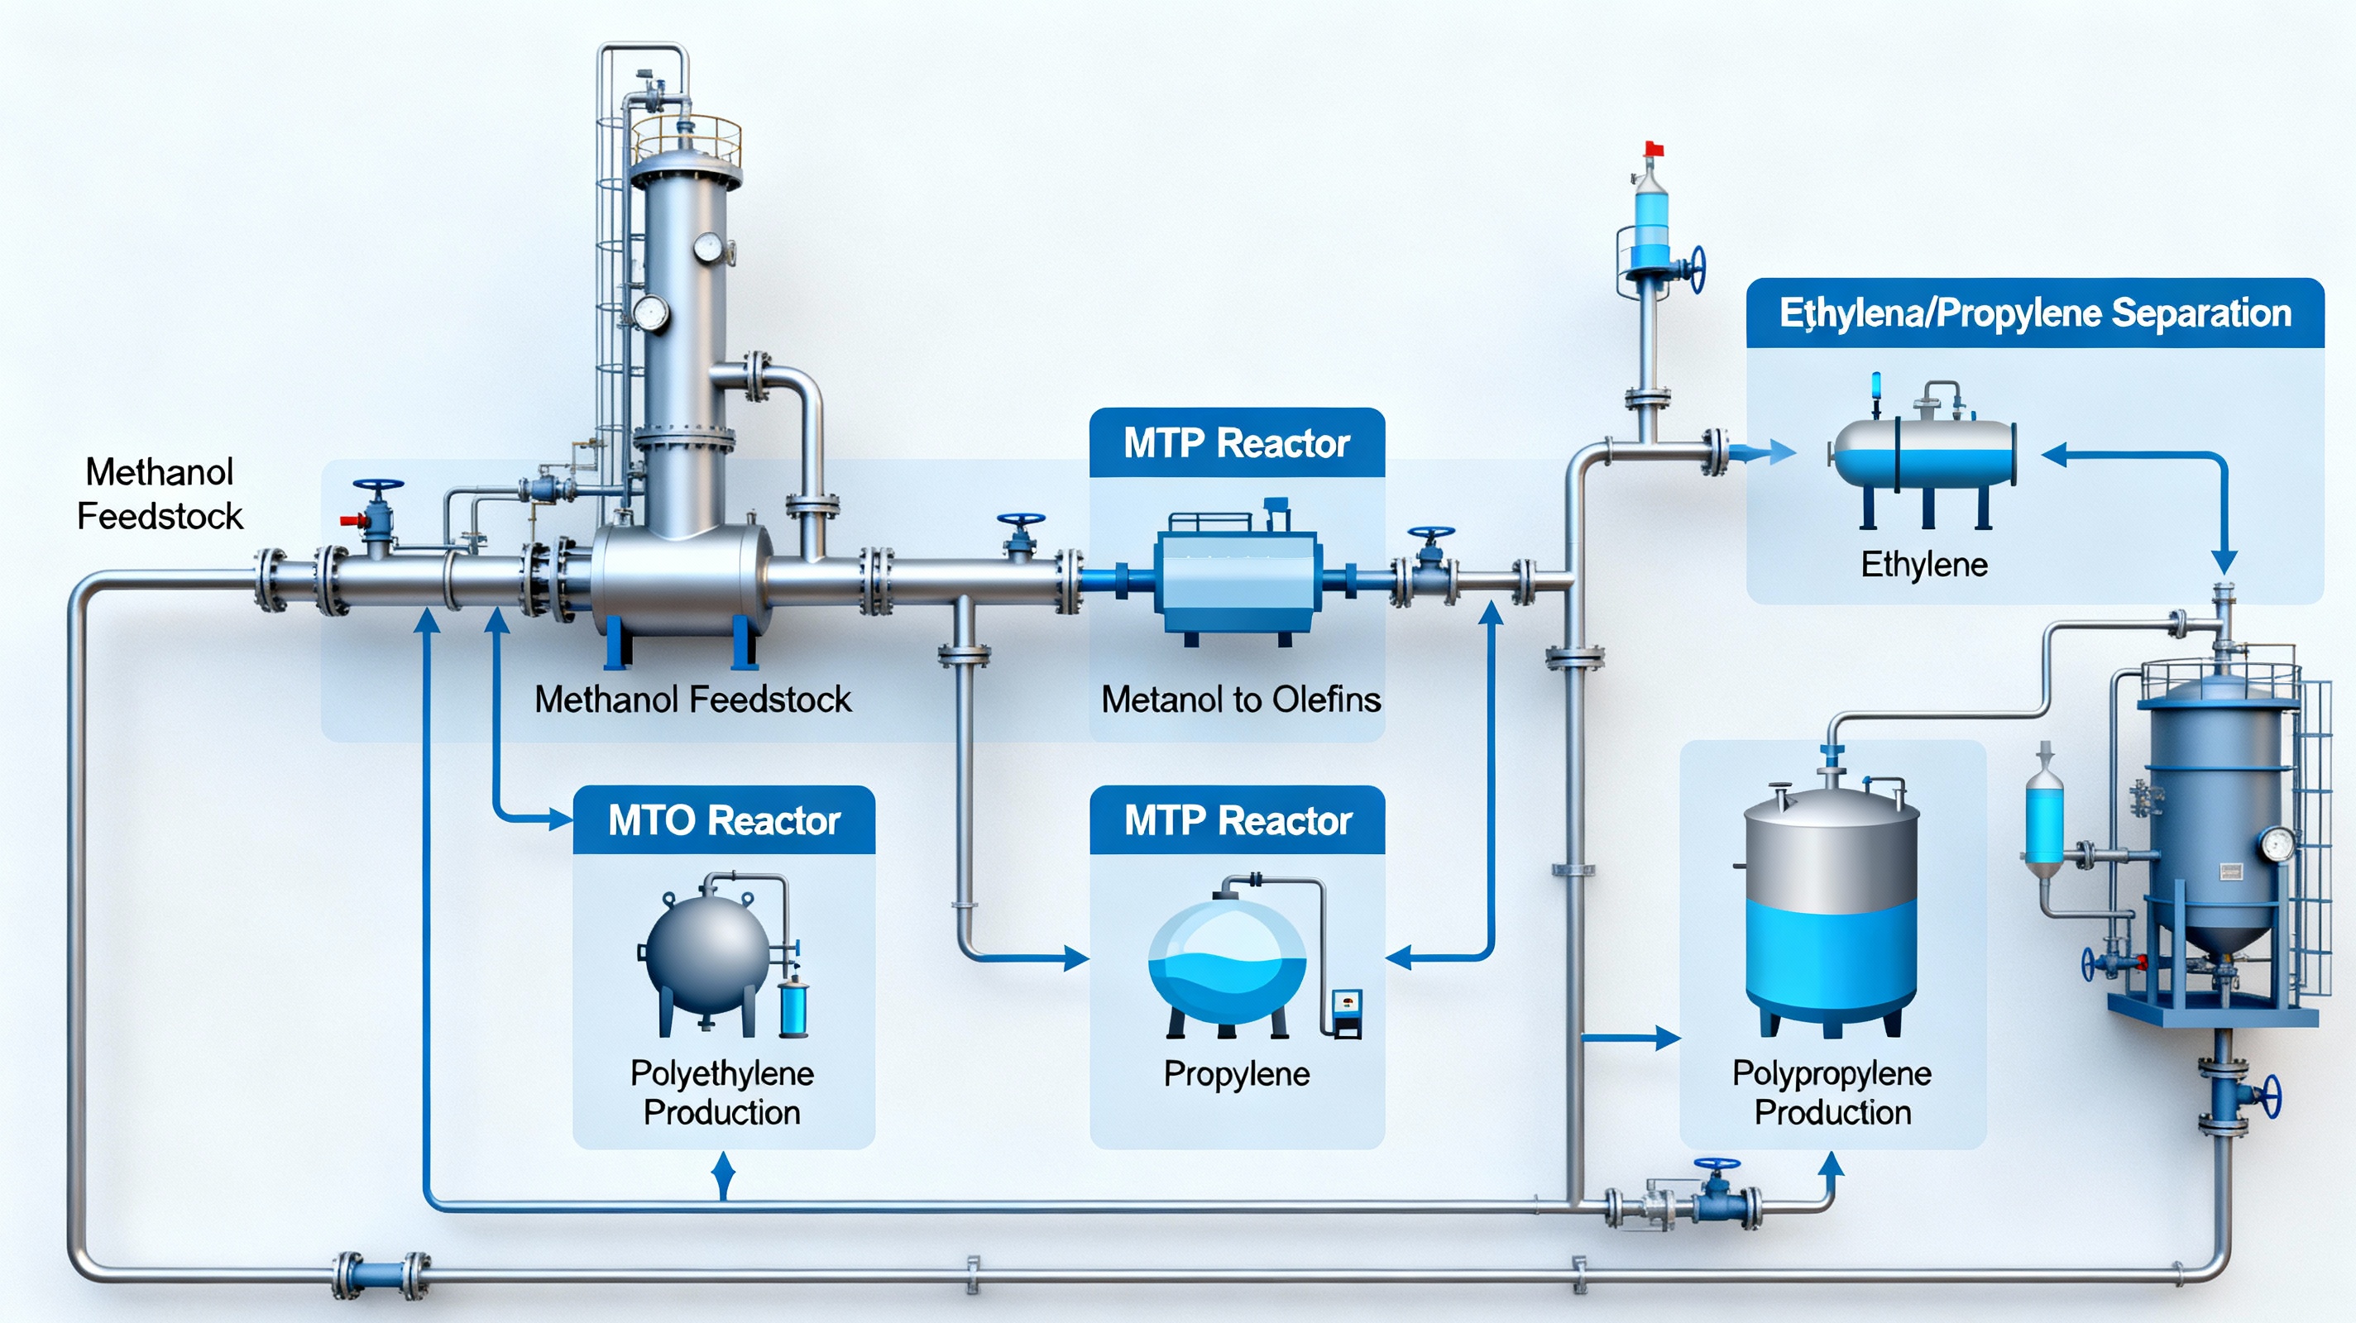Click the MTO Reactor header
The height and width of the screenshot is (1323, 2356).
coord(724,820)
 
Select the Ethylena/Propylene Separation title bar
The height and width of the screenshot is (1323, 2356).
coord(2034,313)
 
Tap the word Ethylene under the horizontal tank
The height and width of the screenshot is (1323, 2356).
coord(1923,564)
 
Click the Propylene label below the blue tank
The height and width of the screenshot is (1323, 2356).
coord(1236,1073)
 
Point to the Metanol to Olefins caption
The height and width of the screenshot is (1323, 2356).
coord(1240,700)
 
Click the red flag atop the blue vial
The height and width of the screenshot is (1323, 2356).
coord(1654,149)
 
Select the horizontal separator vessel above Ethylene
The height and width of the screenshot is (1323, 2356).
coord(1923,455)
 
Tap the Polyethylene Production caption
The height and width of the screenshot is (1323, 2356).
coord(721,1092)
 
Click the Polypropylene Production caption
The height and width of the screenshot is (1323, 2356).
coord(1832,1092)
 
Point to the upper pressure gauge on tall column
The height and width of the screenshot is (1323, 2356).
coord(707,247)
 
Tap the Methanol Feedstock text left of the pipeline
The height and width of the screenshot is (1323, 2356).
coord(160,494)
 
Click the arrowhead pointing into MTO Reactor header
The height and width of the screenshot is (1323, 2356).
coord(560,819)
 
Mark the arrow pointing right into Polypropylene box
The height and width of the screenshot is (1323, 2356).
coord(1666,1038)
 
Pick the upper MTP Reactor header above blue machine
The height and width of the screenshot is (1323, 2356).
coord(1237,443)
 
